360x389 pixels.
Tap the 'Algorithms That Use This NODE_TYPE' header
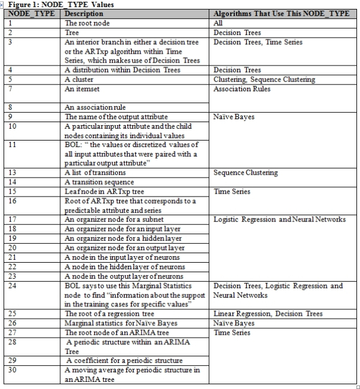[x=281, y=13]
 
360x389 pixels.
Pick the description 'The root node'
[x=87, y=23]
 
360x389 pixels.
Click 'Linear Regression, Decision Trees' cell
[x=268, y=313]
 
